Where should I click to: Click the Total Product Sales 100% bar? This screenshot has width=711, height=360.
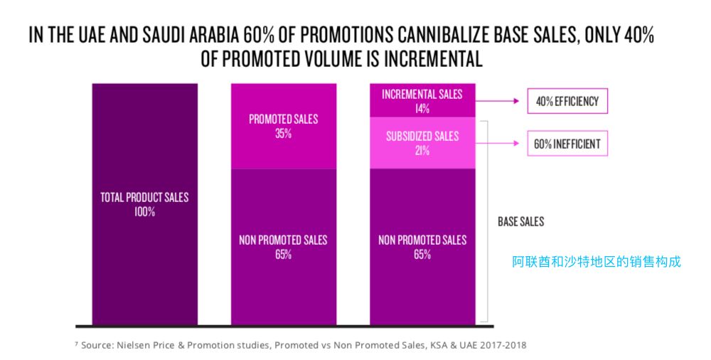point(144,249)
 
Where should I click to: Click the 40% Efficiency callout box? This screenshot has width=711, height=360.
point(567,102)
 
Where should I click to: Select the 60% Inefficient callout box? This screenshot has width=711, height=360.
point(567,144)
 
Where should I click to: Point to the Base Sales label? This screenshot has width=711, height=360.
point(520,222)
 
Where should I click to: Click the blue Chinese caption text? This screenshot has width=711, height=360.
point(597,261)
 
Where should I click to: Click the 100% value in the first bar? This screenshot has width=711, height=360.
point(144,211)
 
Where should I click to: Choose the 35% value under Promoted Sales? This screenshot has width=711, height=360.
point(283,133)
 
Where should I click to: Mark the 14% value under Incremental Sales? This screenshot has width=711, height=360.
point(422,109)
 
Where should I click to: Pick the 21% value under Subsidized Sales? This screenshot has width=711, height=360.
point(422,150)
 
